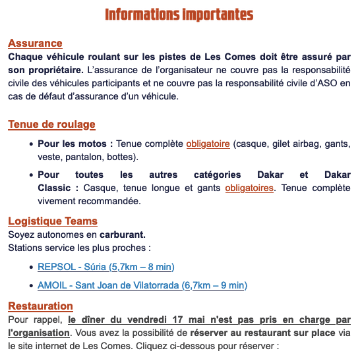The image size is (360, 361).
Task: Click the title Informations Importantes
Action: pos(179,14)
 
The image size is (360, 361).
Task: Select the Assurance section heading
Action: pos(35,43)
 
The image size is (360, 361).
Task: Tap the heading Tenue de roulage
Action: pos(51,125)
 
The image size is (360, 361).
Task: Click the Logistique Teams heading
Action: pos(53,221)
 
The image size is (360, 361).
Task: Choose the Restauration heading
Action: pos(40,306)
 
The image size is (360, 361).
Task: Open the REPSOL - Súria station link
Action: pos(105,267)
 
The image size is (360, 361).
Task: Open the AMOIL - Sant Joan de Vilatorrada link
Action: pos(142,285)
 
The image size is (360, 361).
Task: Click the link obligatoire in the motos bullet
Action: pos(208,144)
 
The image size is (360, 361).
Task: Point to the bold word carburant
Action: pos(122,235)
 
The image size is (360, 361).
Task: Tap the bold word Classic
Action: pos(53,188)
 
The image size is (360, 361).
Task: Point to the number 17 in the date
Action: pos(177,320)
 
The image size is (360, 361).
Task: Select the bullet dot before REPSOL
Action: pos(32,267)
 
